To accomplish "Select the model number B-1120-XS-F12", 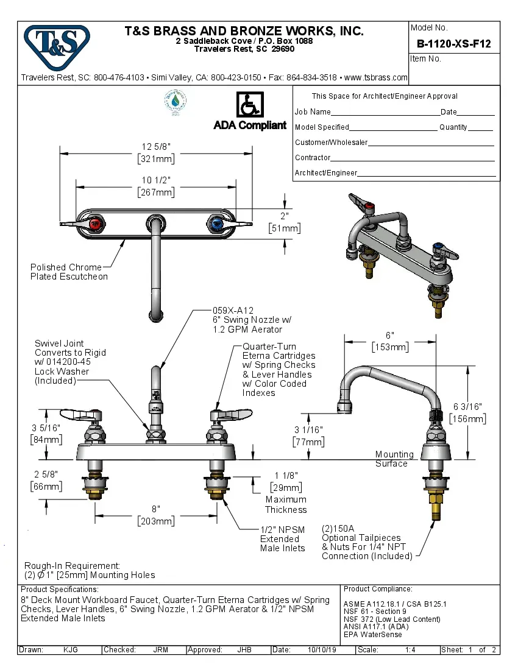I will point(453,44).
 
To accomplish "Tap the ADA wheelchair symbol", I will point(249,105).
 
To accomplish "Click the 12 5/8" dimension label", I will point(156,147).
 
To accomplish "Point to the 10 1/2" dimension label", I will point(156,180).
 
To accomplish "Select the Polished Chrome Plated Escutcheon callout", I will point(69,272).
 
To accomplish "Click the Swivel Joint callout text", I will point(59,344).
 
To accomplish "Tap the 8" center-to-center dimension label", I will point(156,509).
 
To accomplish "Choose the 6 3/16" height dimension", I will point(468,407).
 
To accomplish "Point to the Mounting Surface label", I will point(394,459).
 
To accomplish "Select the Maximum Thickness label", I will point(285,504).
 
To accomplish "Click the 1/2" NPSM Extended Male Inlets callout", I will point(282,538).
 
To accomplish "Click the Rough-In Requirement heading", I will point(72,566).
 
